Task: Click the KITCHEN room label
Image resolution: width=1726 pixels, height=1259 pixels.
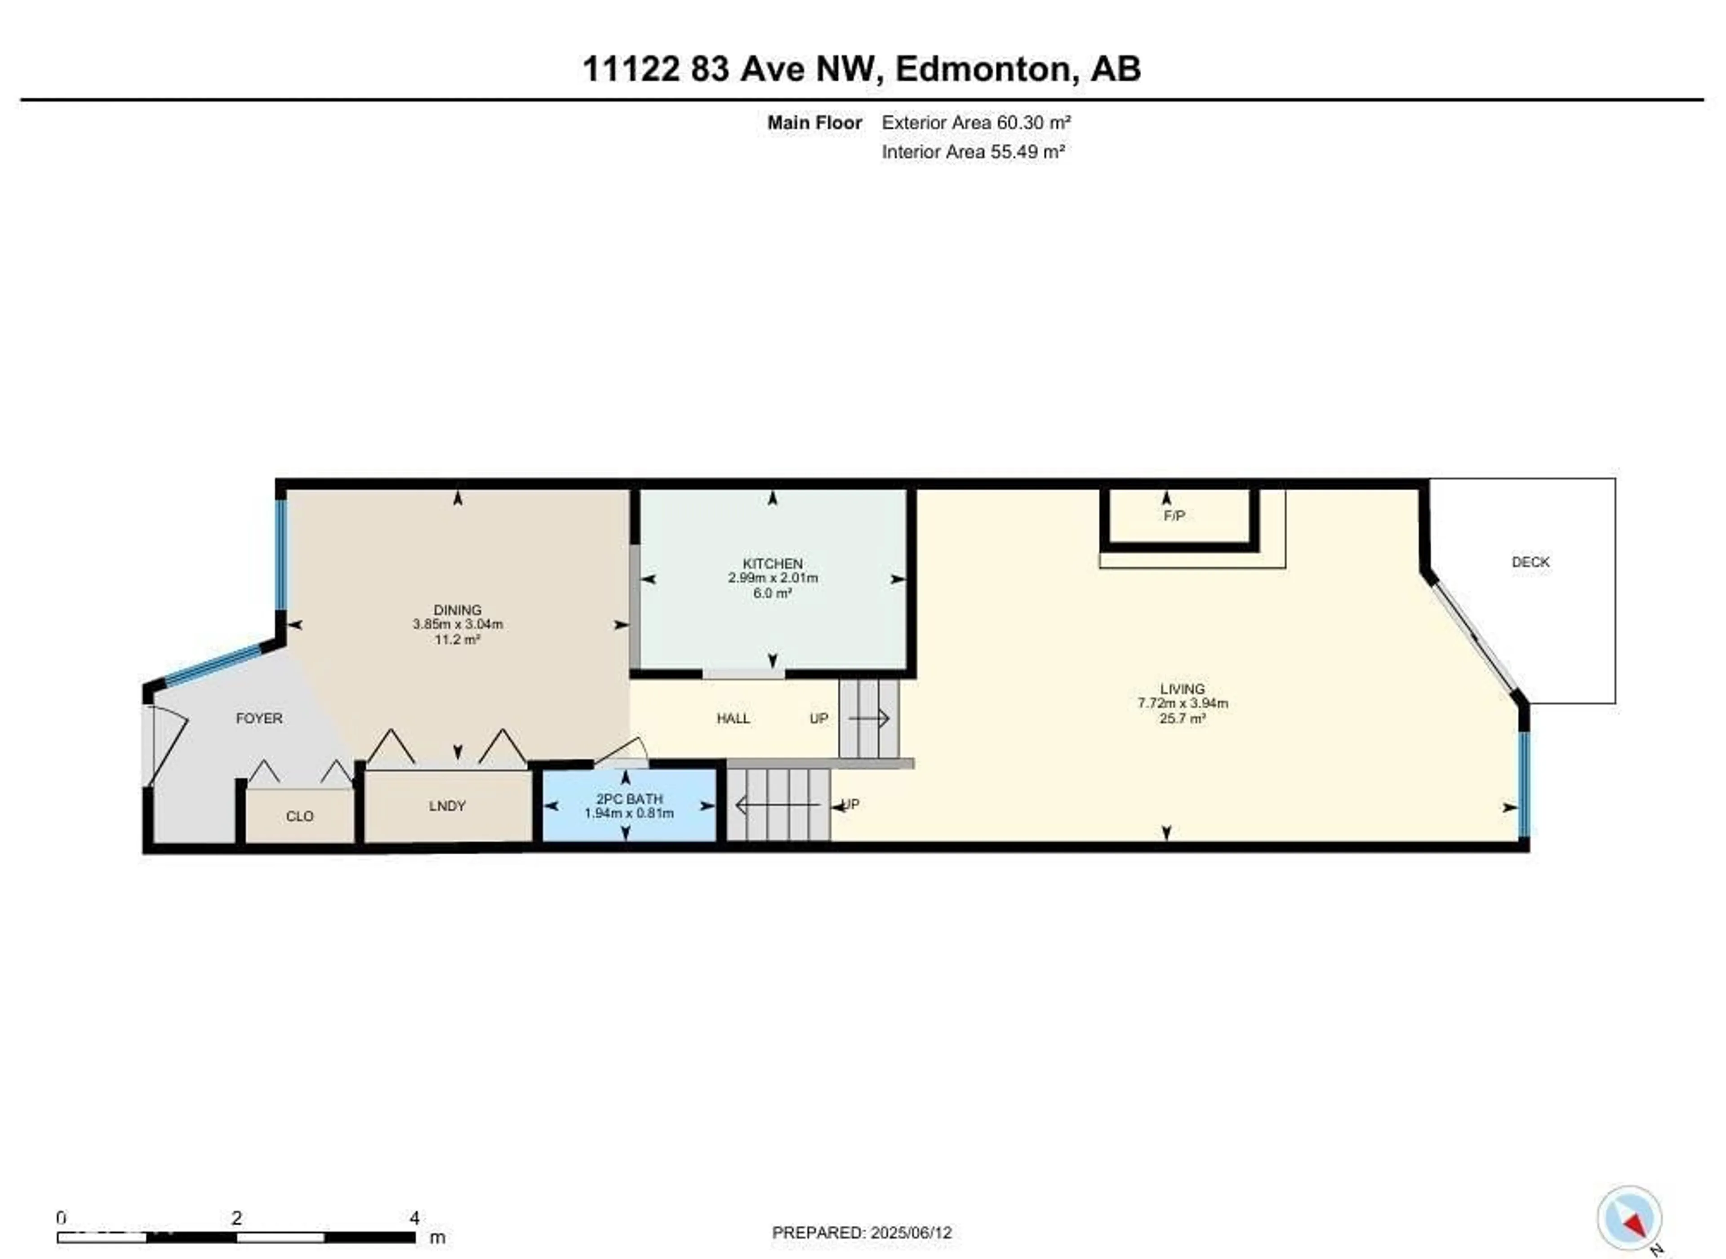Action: pos(773,563)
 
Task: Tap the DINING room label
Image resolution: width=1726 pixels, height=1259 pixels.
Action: pos(457,609)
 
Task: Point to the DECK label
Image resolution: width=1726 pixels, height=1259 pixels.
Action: pos(1530,562)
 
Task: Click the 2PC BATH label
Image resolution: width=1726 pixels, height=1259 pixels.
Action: pos(629,799)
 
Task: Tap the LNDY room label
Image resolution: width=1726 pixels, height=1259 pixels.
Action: pos(446,805)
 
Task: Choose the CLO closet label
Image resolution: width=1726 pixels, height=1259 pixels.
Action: pos(299,816)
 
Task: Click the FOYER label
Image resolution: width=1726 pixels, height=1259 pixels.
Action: pos(259,718)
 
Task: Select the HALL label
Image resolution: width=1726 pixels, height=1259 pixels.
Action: pos(733,718)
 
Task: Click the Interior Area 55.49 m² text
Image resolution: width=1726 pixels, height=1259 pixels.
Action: pos(973,151)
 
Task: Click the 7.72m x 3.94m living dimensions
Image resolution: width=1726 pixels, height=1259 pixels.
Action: pos(1182,703)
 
